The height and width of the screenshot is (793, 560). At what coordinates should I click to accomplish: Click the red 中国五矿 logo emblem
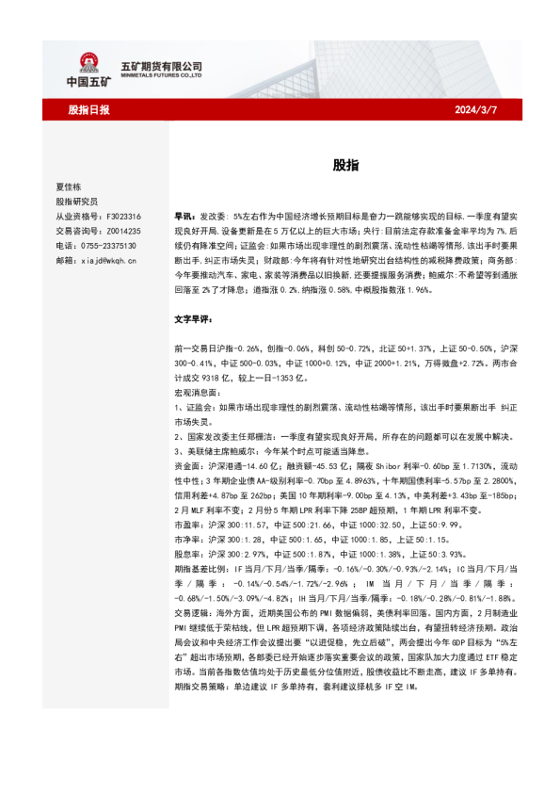coord(88,65)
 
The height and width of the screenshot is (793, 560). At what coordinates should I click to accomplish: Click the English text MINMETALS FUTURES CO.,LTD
coord(162,77)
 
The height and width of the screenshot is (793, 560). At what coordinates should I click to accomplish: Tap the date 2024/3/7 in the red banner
coord(476,110)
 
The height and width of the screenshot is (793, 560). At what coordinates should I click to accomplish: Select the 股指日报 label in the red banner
coord(88,110)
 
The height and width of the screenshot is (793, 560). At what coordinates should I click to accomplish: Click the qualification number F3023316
coord(122,216)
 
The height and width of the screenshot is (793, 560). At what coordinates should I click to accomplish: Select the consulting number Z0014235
coord(122,230)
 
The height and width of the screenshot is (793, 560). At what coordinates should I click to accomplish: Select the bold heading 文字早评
coord(195,320)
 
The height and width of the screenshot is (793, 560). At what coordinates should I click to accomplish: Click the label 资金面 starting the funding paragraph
coord(187,439)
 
